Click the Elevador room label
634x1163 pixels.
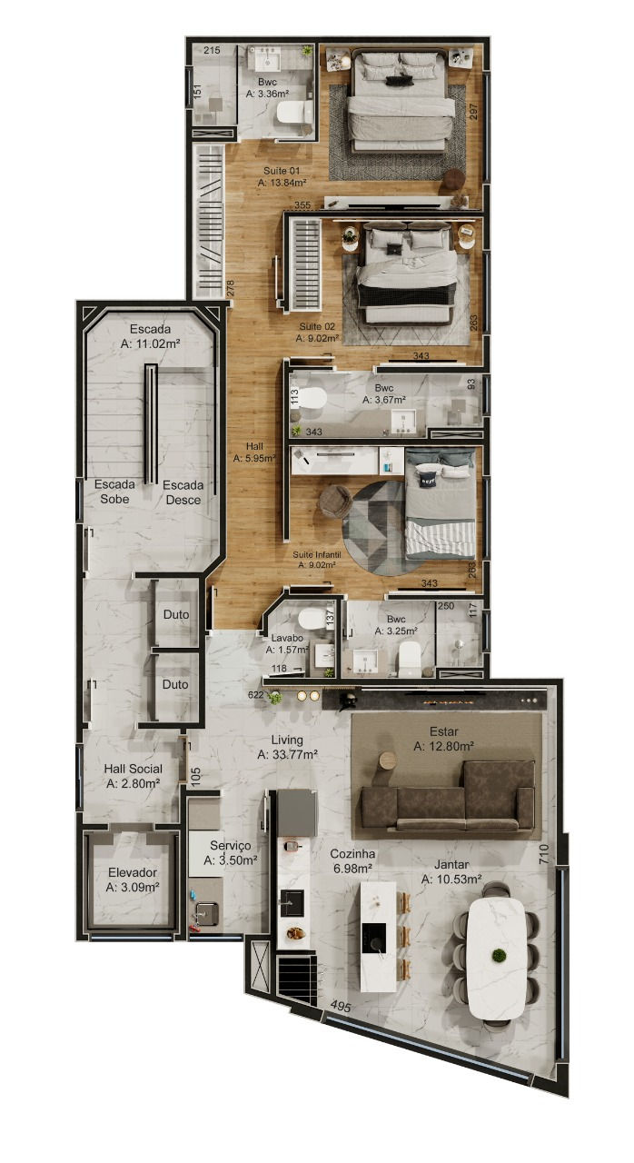[133, 880]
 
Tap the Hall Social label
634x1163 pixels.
[134, 776]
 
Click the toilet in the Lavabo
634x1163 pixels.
[311, 619]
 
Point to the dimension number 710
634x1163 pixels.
[543, 854]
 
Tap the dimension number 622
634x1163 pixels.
[256, 695]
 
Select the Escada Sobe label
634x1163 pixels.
[114, 492]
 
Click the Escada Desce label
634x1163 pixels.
[183, 492]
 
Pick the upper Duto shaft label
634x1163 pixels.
[176, 614]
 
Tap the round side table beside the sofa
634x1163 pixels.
[388, 760]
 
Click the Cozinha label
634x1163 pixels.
[352, 860]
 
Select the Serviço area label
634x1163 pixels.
[231, 853]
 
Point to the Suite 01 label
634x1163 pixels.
[282, 176]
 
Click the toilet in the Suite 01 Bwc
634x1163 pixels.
[294, 112]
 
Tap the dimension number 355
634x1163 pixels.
[302, 205]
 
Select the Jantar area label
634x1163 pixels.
[451, 871]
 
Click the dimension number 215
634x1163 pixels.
[212, 50]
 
